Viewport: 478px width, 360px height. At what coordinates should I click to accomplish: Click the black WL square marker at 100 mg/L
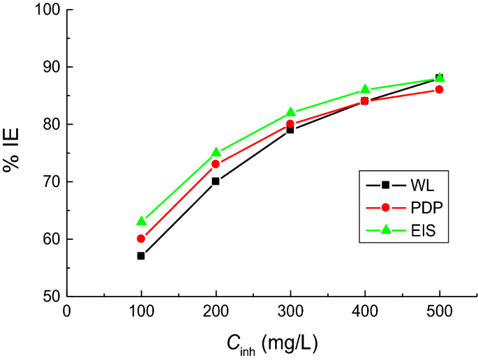click(x=141, y=256)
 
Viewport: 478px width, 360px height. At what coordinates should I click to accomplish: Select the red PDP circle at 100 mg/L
click(x=141, y=239)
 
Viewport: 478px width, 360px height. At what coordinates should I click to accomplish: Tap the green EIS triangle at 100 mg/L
click(x=141, y=221)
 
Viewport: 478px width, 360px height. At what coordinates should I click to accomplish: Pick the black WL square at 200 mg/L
click(x=216, y=181)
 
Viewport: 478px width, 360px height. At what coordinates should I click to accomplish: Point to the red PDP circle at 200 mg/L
click(x=216, y=164)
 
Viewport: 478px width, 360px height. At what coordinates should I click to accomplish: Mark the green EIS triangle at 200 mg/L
click(x=216, y=152)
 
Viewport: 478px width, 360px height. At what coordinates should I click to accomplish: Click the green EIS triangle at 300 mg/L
click(x=290, y=112)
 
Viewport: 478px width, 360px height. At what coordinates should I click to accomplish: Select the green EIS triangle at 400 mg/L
click(x=365, y=89)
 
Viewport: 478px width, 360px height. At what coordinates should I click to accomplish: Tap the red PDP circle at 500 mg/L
click(x=440, y=89)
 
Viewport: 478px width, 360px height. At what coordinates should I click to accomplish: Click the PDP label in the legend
click(x=424, y=207)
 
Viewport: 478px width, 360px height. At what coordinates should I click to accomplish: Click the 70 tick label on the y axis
click(x=50, y=182)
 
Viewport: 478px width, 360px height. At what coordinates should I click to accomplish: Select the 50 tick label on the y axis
click(x=50, y=297)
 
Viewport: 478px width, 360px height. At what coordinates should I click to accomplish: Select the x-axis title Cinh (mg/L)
click(x=272, y=342)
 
